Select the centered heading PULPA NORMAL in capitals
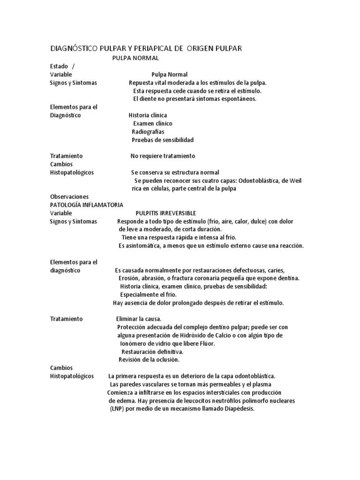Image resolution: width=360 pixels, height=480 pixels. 135,58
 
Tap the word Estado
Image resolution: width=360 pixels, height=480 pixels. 59,66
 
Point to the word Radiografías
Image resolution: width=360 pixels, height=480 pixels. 148,132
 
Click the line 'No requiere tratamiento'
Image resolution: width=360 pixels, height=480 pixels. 162,156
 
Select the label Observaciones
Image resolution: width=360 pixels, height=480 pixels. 69,197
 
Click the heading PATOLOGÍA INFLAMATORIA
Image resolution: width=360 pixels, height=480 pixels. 87,205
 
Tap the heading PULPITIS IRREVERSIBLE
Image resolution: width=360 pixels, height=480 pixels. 166,213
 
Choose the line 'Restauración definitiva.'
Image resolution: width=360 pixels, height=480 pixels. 152,352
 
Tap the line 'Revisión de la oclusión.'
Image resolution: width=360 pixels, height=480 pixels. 149,360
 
